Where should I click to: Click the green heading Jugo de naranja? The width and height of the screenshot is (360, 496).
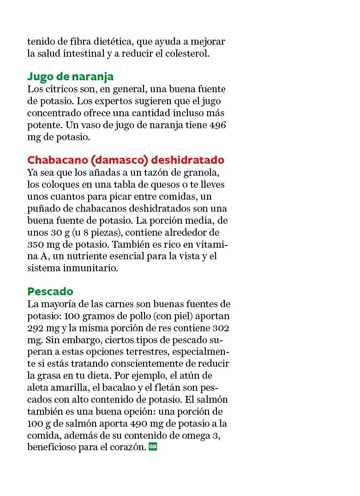(x=70, y=76)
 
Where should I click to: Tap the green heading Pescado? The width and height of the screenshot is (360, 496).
(x=50, y=292)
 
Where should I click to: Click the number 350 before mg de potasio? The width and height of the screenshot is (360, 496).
(x=36, y=244)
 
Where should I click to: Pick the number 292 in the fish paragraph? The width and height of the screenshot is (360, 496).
(x=36, y=328)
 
